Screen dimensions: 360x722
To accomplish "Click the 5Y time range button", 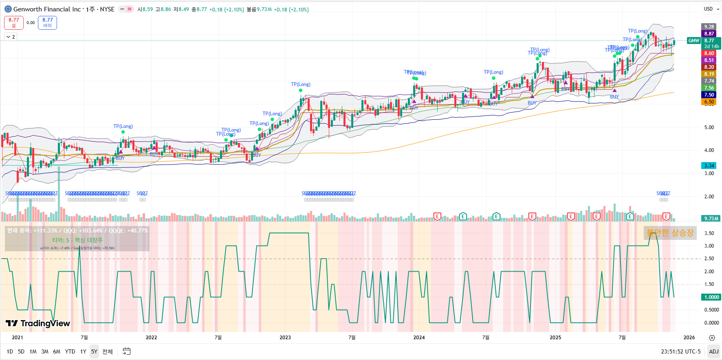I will pyautogui.click(x=94, y=351).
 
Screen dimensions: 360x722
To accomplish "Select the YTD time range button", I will pyautogui.click(x=70, y=351).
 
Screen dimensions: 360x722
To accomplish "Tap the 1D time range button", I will pyautogui.click(x=10, y=351).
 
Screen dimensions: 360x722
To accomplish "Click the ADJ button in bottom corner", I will pyautogui.click(x=713, y=351).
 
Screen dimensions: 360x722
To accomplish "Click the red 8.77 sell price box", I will pyautogui.click(x=13, y=22).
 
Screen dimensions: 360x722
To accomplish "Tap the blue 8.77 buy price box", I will pyautogui.click(x=47, y=22).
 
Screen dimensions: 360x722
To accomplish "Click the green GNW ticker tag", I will pyautogui.click(x=693, y=41).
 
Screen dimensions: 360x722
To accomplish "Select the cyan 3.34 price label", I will pyautogui.click(x=709, y=166).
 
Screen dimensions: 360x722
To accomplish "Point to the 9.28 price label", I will pyautogui.click(x=709, y=27).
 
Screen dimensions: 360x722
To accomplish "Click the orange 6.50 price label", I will pyautogui.click(x=709, y=102).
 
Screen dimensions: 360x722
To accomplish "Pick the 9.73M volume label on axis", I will pyautogui.click(x=711, y=219).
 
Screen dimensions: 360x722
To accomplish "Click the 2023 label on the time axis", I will pyautogui.click(x=285, y=337).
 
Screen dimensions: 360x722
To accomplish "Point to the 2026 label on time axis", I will pyautogui.click(x=689, y=337).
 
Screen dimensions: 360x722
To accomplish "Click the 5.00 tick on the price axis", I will pyautogui.click(x=709, y=127).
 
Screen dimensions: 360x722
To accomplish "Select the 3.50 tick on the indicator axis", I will pyautogui.click(x=709, y=233).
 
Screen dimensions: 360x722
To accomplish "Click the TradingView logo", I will pyautogui.click(x=38, y=323).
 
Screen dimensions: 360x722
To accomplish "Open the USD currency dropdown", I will pyautogui.click(x=711, y=9).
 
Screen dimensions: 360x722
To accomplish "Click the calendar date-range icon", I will pyautogui.click(x=127, y=351).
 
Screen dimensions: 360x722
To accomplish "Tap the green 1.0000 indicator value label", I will pyautogui.click(x=711, y=297).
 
